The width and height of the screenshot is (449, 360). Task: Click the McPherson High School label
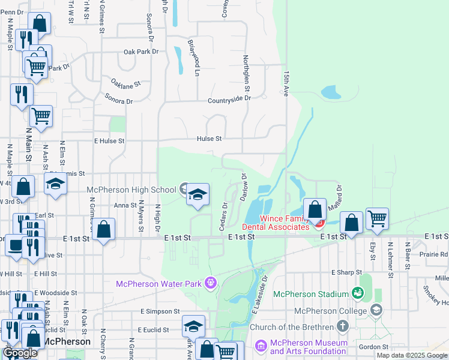(131, 190)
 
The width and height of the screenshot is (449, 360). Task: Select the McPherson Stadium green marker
(358, 293)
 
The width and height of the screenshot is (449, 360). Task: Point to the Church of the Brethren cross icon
(343, 326)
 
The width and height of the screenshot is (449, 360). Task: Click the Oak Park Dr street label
(141, 52)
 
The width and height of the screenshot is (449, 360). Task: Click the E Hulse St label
(109, 141)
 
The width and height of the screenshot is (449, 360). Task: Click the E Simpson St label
(160, 311)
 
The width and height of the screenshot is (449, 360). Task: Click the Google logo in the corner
(20, 353)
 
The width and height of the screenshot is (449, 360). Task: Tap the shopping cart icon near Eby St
(377, 220)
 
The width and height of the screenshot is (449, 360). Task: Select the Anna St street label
(125, 205)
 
